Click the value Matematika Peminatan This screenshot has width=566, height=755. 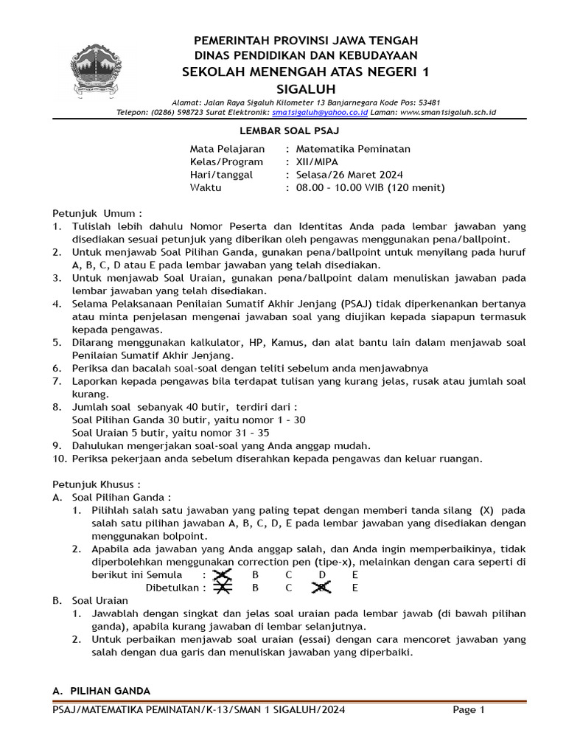[x=353, y=149]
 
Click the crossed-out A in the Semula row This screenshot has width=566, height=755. [x=222, y=574]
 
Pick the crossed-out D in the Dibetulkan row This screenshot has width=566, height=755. [x=321, y=588]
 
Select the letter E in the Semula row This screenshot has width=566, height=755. [x=355, y=574]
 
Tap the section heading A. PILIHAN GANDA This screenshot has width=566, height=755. [x=101, y=691]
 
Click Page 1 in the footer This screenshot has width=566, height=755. [x=468, y=710]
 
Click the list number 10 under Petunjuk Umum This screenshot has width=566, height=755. [x=59, y=458]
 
